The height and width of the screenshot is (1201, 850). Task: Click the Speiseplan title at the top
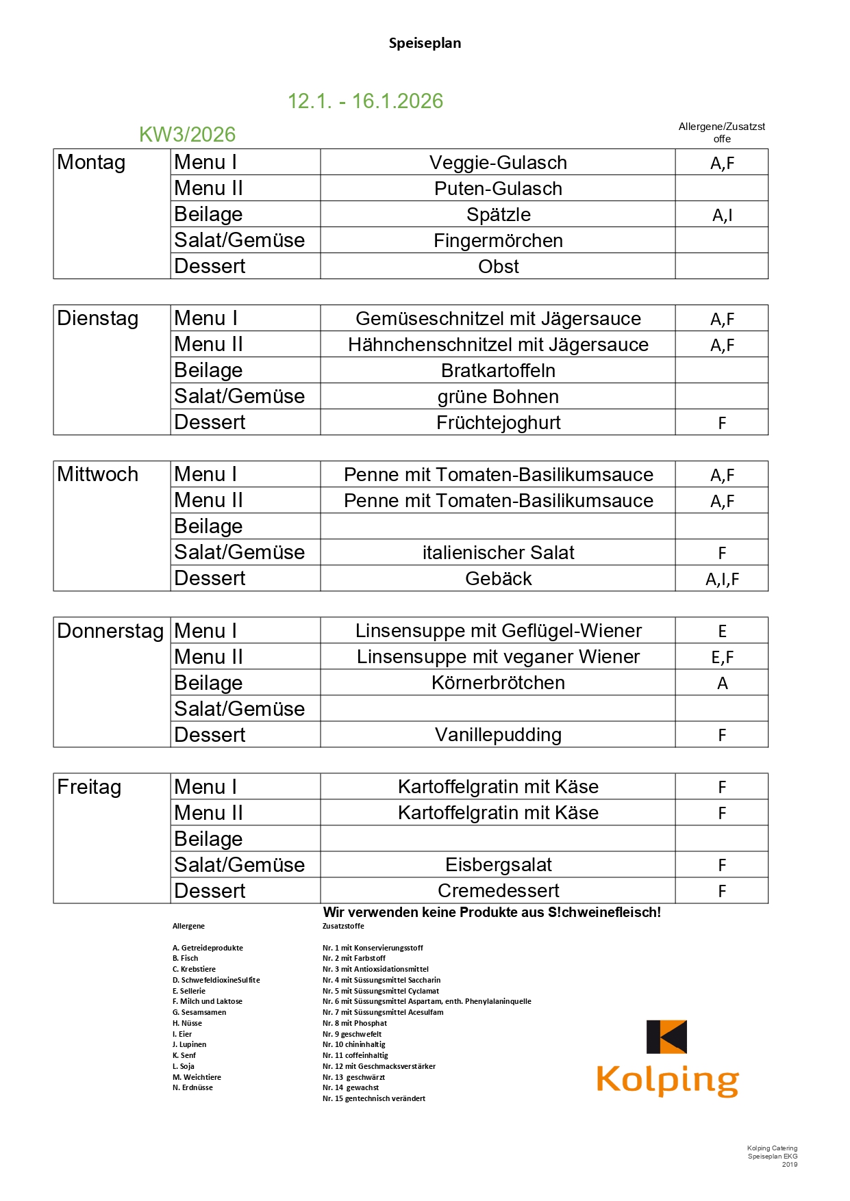click(x=425, y=43)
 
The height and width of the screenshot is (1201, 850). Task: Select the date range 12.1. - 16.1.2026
click(x=365, y=101)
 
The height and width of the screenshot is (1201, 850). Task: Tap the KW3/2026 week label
click(x=187, y=135)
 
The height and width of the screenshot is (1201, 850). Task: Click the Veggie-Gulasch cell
click(x=498, y=163)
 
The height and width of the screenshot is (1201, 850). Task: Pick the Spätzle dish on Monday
click(x=498, y=215)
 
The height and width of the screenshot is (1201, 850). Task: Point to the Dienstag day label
click(x=98, y=319)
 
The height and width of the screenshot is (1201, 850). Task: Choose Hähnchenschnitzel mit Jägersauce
click(x=498, y=345)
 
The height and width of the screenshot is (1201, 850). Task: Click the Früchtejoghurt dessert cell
click(x=498, y=423)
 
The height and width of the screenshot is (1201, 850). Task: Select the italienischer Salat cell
click(x=498, y=553)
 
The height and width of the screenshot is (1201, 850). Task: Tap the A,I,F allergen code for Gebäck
click(x=722, y=580)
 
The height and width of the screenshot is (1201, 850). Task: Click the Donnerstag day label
click(x=110, y=631)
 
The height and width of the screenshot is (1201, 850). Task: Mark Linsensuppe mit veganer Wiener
click(x=498, y=657)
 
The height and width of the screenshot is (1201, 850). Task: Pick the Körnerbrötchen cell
click(x=498, y=683)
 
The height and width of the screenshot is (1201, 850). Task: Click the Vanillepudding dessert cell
click(x=498, y=735)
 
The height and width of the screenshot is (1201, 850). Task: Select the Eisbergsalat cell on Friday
click(x=498, y=865)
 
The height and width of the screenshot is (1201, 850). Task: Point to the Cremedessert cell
click(x=498, y=891)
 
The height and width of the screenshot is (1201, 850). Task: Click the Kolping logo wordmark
click(x=667, y=1080)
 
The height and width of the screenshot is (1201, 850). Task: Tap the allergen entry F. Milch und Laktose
click(x=208, y=1001)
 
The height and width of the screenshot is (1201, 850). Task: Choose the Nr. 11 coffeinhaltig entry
click(x=355, y=1055)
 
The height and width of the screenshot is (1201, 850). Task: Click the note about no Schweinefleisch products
click(x=492, y=912)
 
